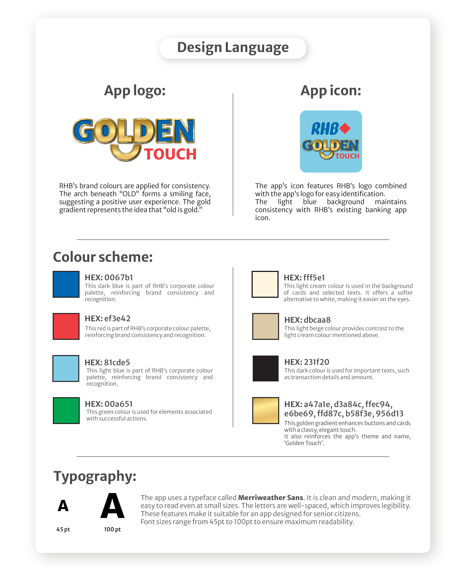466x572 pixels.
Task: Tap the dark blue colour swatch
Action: pyautogui.click(x=66, y=284)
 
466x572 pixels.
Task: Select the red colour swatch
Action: pyautogui.click(x=66, y=326)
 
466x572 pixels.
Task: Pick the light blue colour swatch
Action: pyautogui.click(x=66, y=368)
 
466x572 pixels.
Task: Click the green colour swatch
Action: pyautogui.click(x=66, y=410)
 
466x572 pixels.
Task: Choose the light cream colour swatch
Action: pyautogui.click(x=265, y=284)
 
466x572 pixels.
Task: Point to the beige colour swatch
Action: pyautogui.click(x=265, y=326)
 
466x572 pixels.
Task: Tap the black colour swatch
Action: pyautogui.click(x=265, y=368)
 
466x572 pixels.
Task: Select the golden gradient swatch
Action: pyautogui.click(x=265, y=410)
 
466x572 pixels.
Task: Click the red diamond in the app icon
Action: pyautogui.click(x=345, y=128)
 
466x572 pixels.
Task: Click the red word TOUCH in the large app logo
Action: pyautogui.click(x=170, y=154)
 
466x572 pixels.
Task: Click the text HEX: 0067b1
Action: pyautogui.click(x=109, y=277)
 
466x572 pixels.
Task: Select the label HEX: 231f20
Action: pyautogui.click(x=307, y=362)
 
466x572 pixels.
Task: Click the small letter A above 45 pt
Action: pyautogui.click(x=63, y=506)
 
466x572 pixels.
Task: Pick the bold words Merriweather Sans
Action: pyautogui.click(x=270, y=498)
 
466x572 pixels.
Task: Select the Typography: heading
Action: pyautogui.click(x=95, y=476)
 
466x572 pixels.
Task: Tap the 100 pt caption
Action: pyautogui.click(x=112, y=529)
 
